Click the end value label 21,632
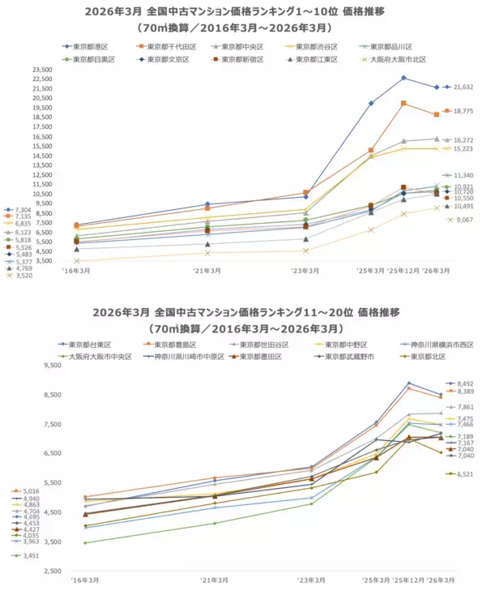click(x=463, y=87)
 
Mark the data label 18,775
click(x=463, y=111)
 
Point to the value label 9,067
click(x=464, y=219)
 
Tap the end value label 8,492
click(x=465, y=383)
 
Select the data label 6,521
click(x=465, y=474)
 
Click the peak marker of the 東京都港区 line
click(x=403, y=78)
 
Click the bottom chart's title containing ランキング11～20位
click(x=242, y=312)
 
